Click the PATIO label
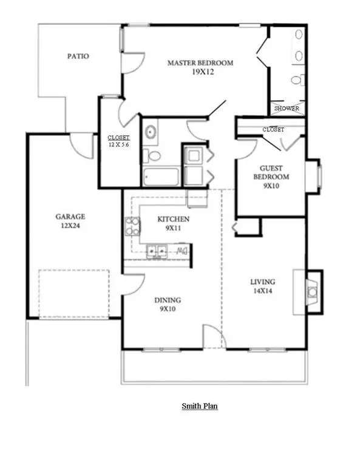click(78, 56)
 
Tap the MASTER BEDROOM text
click(200, 63)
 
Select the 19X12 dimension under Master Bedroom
click(200, 72)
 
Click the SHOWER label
click(287, 109)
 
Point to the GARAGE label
click(70, 217)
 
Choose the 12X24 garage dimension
click(70, 225)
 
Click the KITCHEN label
click(174, 219)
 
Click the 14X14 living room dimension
click(263, 291)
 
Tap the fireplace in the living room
click(311, 292)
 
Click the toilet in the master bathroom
click(297, 80)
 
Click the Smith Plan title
click(200, 406)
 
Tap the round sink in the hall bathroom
click(150, 131)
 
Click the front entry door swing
click(209, 336)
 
